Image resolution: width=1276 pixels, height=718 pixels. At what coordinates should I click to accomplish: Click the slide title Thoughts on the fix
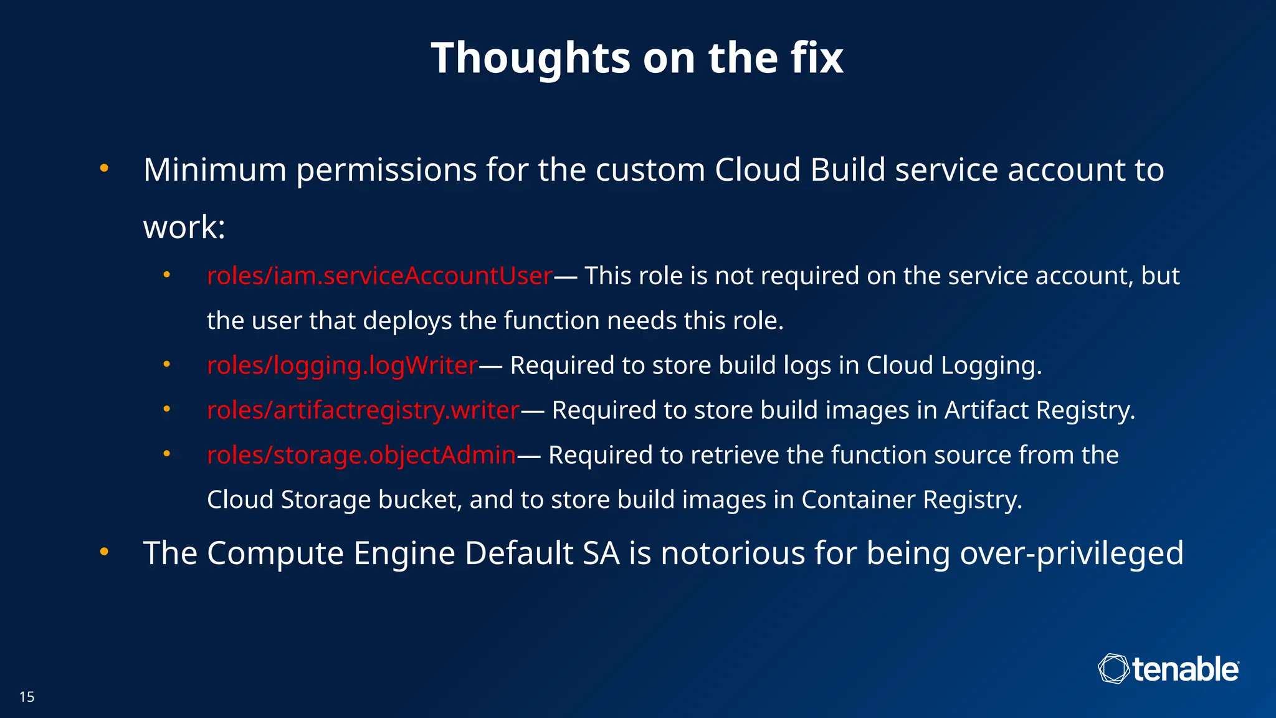637,57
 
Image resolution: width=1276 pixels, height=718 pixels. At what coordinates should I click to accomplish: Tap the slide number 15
27,697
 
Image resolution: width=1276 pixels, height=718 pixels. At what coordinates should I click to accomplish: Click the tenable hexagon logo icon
1113,669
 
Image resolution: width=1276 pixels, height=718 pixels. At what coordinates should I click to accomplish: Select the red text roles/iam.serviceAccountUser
379,275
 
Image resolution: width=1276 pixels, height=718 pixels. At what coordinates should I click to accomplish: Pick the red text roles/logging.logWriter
342,365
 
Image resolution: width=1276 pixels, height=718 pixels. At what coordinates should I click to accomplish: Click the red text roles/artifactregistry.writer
363,410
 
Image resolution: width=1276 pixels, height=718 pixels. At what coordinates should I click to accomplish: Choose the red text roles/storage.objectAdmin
361,455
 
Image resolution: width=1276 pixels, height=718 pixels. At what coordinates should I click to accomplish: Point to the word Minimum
215,170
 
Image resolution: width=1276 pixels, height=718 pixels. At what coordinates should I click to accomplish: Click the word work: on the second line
184,227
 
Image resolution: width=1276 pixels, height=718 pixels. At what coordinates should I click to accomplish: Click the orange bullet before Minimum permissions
104,168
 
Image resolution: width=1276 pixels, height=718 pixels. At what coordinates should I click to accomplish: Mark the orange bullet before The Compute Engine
104,552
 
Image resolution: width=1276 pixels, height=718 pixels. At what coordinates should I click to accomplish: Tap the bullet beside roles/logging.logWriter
166,364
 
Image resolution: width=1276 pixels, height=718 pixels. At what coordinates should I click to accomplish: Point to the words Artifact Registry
1039,410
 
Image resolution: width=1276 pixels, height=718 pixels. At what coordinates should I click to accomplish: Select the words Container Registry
911,500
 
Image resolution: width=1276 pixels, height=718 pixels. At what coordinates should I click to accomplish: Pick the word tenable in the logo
1185,669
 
